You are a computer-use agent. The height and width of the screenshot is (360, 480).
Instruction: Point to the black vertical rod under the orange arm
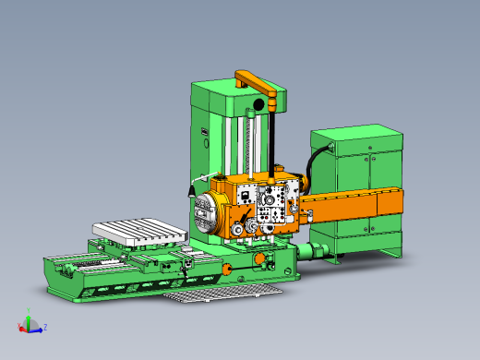274,138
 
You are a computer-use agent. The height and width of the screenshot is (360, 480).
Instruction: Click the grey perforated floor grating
222,294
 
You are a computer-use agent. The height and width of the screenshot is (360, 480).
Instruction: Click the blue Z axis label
45,328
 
